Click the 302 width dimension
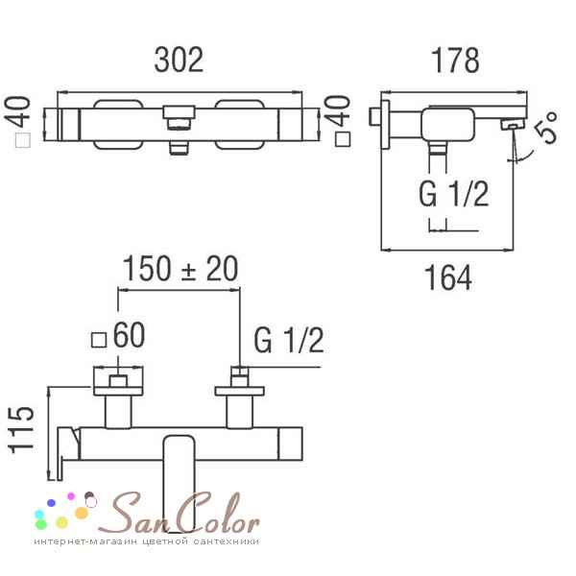pos(179,60)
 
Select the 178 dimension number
pos(455,60)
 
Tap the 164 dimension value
pos(448,277)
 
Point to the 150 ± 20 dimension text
pos(180,268)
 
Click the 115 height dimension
pos(22,430)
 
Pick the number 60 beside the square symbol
pos(129,335)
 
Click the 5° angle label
pos(546,128)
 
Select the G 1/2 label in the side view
pos(454,194)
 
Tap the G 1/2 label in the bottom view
pos(289,341)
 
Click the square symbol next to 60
pos(99,340)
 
